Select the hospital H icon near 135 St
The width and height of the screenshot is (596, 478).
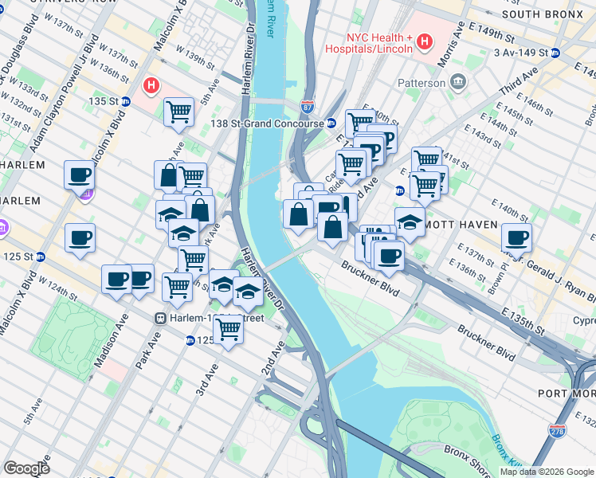point(149,84)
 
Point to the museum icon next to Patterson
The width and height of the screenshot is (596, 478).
point(458,81)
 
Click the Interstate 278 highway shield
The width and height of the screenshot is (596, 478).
point(557,431)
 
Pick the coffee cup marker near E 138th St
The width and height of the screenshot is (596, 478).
point(516,237)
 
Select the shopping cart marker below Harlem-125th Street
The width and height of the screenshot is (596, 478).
point(228,329)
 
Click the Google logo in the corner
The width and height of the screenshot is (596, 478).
point(26,468)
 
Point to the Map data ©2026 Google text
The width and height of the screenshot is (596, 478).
point(547,472)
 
